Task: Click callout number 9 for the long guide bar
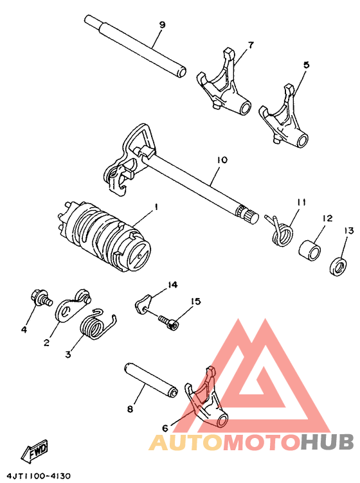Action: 162,25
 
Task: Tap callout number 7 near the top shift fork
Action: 251,45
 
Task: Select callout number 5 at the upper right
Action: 306,65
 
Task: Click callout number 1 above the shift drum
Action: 155,207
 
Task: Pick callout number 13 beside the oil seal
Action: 348,231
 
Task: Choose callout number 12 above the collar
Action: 327,218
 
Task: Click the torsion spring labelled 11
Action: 280,230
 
